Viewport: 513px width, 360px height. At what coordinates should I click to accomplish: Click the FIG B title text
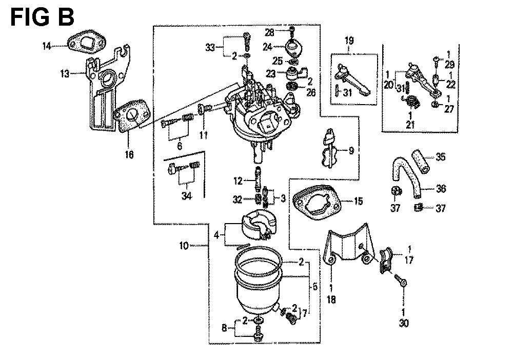42,16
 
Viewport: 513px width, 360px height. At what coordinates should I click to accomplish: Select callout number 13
64,73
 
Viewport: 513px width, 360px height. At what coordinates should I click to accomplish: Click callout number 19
349,41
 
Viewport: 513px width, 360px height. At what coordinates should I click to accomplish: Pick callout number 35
441,157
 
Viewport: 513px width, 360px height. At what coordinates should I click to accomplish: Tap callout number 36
441,189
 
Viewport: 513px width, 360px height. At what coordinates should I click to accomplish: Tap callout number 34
183,195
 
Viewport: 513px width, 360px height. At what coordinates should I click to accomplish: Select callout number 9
350,151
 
